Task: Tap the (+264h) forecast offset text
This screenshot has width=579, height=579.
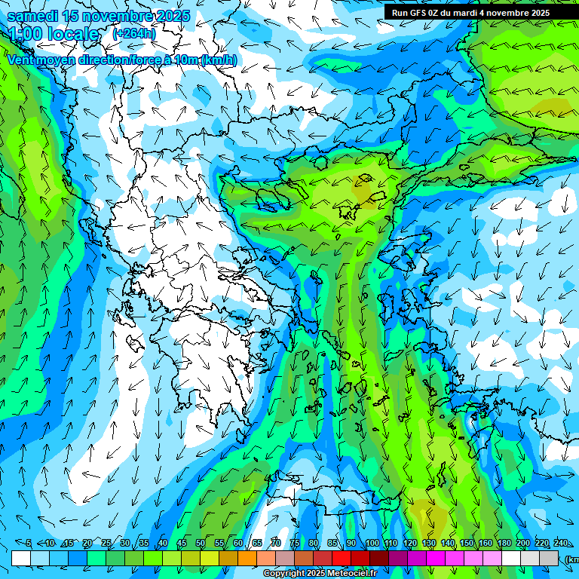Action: click(x=134, y=33)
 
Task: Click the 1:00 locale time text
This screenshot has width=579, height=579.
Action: click(x=54, y=34)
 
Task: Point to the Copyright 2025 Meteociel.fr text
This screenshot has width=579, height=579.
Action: click(x=320, y=574)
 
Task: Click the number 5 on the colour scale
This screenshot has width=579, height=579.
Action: click(x=29, y=544)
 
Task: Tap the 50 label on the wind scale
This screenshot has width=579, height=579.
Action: click(x=201, y=544)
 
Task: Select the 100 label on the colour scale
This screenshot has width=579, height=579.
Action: click(x=372, y=544)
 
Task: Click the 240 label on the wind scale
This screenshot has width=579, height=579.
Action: click(x=560, y=544)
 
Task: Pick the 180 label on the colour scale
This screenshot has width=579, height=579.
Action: click(x=504, y=544)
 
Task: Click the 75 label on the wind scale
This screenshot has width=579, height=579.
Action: click(x=295, y=544)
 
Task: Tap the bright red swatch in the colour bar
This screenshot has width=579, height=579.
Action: click(x=342, y=558)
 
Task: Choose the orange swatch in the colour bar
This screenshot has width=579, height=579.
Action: click(x=247, y=558)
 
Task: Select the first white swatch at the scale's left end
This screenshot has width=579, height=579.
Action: click(x=21, y=558)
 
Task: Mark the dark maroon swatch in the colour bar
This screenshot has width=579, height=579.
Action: click(x=379, y=558)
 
